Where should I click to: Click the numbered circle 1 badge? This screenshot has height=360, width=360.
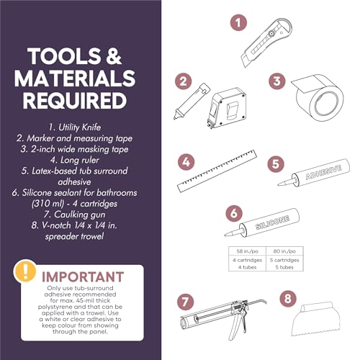(x=238, y=23)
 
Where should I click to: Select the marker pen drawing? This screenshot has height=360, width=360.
(x=192, y=101)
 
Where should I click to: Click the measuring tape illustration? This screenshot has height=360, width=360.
(x=227, y=108)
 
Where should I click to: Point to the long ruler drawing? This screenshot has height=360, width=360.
(x=217, y=171)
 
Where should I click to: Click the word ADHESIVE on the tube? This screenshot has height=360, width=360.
(x=323, y=172)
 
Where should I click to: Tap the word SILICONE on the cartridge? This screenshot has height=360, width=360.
(x=272, y=222)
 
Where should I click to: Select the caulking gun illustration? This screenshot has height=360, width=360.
(x=223, y=318)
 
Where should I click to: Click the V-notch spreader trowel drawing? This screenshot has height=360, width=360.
(x=316, y=319)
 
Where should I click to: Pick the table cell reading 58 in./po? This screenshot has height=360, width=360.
(x=247, y=251)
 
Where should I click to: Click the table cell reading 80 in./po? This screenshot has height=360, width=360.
(x=284, y=251)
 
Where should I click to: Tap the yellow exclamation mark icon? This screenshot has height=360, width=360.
(x=25, y=271)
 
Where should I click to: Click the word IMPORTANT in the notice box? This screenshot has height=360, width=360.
(x=83, y=277)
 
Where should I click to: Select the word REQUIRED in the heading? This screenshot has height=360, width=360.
(x=75, y=101)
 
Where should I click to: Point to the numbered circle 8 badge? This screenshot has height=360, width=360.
(x=288, y=299)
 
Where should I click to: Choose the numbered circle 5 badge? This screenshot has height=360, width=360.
(x=276, y=164)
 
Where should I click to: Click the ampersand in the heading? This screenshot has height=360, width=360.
(x=114, y=56)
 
